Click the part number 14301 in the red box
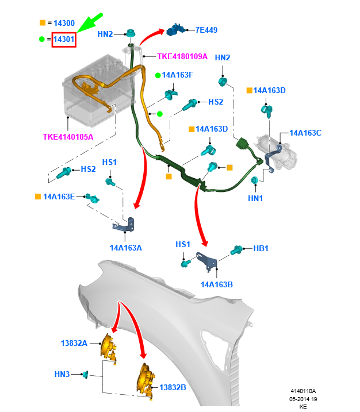click(x=64, y=40)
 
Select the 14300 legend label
click(x=64, y=23)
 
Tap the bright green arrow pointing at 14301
click(x=89, y=23)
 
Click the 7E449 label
click(x=206, y=30)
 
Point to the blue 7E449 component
click(x=175, y=30)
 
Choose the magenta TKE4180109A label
click(x=182, y=56)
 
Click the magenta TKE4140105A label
click(x=68, y=137)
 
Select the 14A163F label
click(x=178, y=75)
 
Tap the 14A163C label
click(x=305, y=133)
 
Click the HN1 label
click(x=255, y=198)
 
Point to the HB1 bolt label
click(x=261, y=249)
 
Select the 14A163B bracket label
click(x=217, y=284)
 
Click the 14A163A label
click(x=126, y=248)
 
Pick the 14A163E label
click(x=59, y=197)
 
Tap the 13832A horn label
click(x=74, y=344)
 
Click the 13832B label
click(x=173, y=387)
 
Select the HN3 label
click(x=62, y=374)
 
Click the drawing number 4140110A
click(x=303, y=391)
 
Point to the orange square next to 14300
click(x=43, y=23)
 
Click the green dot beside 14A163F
click(x=158, y=76)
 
